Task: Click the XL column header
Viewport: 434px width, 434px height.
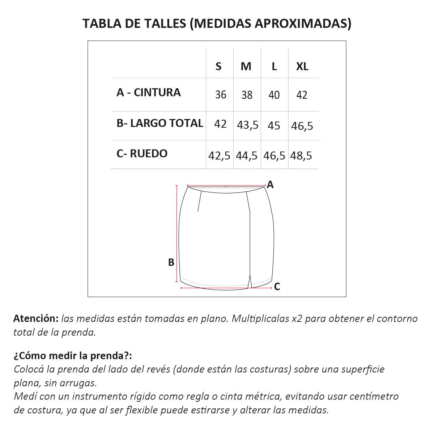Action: pyautogui.click(x=302, y=67)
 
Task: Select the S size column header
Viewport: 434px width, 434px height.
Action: pyautogui.click(x=218, y=67)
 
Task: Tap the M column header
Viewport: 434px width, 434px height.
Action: pyautogui.click(x=246, y=67)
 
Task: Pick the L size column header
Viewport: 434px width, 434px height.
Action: pyautogui.click(x=274, y=67)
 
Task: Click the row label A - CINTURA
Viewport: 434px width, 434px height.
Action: pyautogui.click(x=148, y=93)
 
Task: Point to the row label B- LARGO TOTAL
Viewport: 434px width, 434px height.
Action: pyautogui.click(x=159, y=123)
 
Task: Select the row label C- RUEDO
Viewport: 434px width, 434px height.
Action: pyautogui.click(x=142, y=154)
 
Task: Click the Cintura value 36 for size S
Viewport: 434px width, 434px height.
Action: pyautogui.click(x=221, y=95)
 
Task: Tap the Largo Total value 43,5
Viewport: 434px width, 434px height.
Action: pyautogui.click(x=247, y=125)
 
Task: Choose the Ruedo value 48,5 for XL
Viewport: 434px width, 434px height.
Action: pyautogui.click(x=301, y=156)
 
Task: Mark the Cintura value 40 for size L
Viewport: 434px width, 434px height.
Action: pyautogui.click(x=274, y=95)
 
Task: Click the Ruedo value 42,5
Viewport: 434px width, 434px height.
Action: pyautogui.click(x=219, y=156)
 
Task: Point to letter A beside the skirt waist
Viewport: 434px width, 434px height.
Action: pyautogui.click(x=270, y=185)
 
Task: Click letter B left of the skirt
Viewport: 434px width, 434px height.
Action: pyautogui.click(x=171, y=263)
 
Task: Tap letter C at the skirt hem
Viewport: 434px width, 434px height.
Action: pyautogui.click(x=277, y=287)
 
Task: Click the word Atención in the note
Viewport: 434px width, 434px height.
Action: pyautogui.click(x=36, y=319)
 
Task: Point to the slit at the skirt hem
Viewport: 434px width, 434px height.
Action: pyautogui.click(x=250, y=281)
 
